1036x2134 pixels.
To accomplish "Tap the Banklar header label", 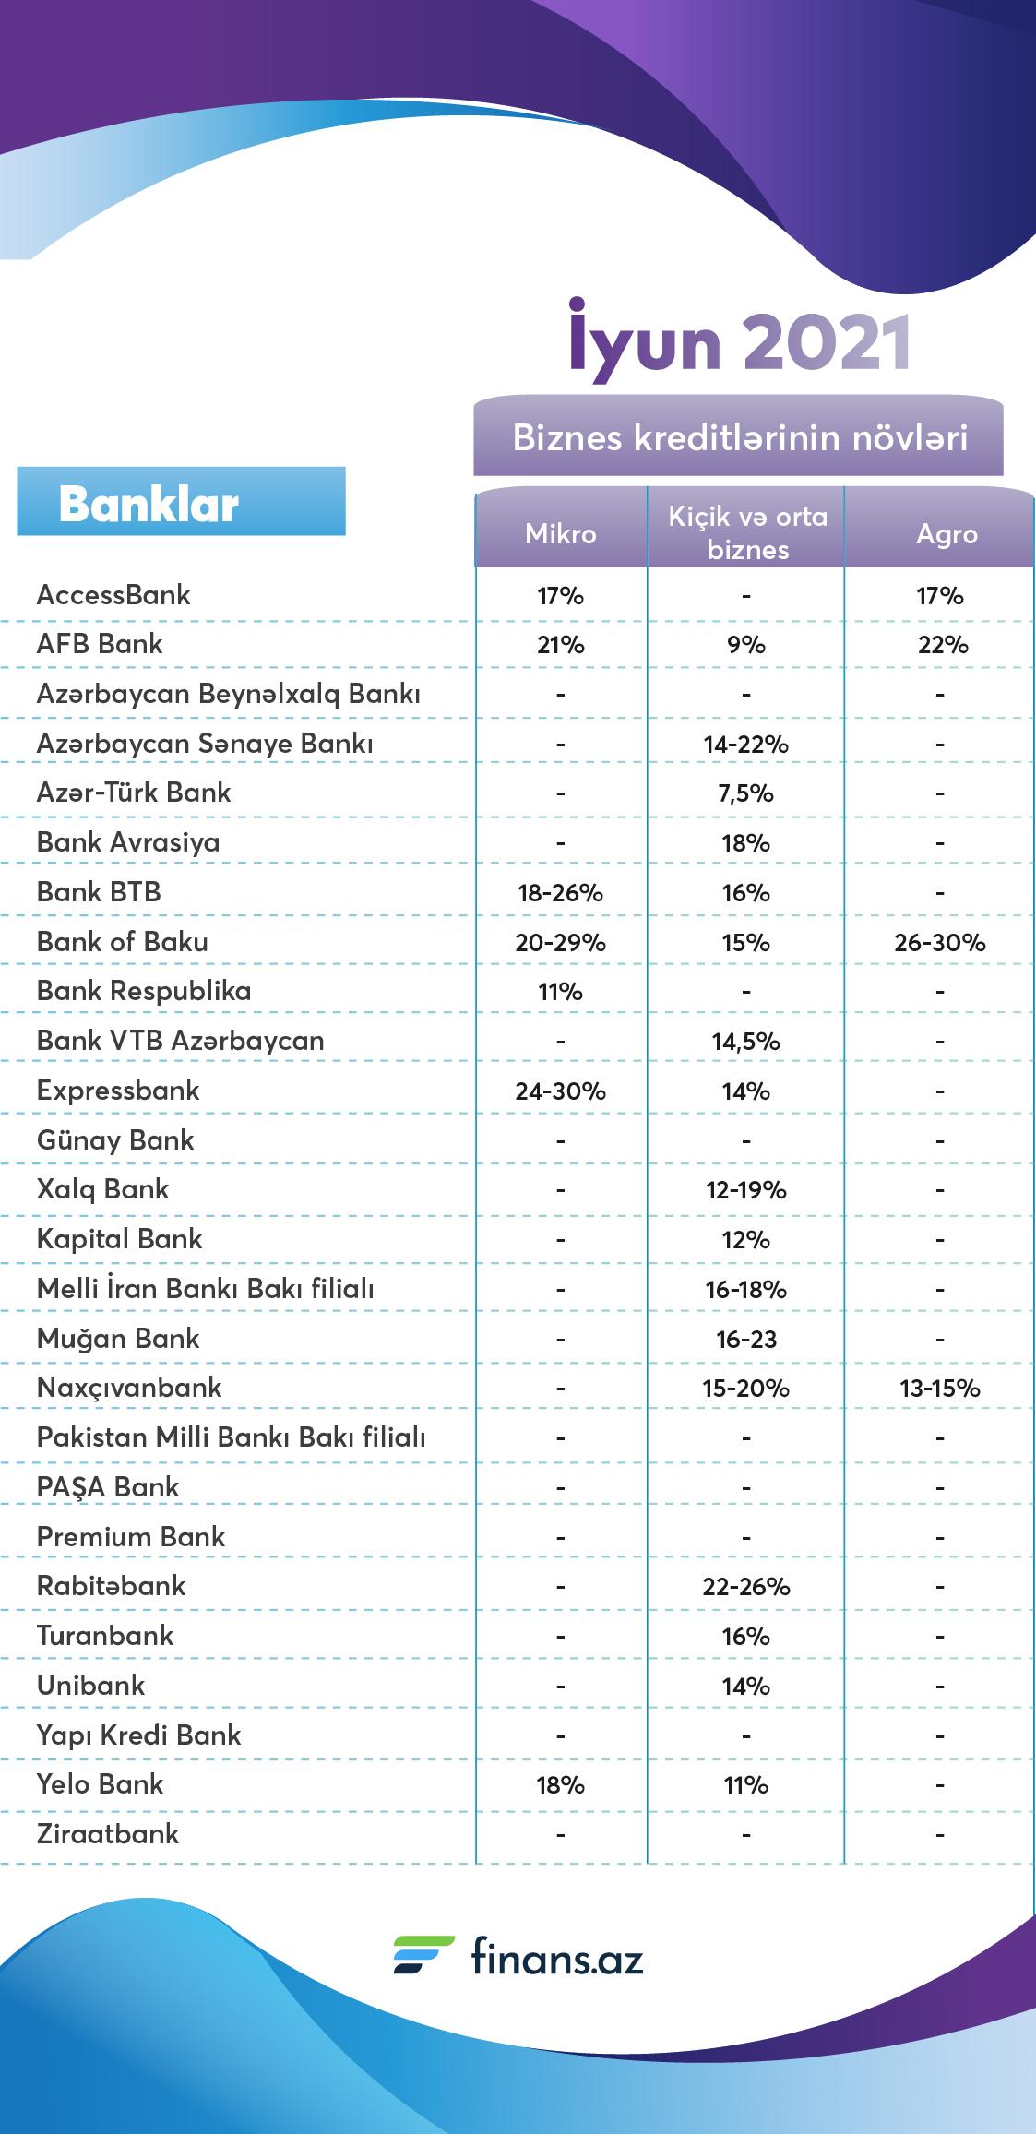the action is click(149, 505).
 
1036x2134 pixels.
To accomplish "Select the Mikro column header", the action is click(561, 534).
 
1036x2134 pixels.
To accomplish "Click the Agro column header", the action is click(947, 535).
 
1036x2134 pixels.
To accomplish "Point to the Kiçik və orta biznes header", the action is click(748, 533).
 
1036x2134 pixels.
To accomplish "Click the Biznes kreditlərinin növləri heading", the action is click(740, 437).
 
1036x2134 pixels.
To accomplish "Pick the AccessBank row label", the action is click(113, 595).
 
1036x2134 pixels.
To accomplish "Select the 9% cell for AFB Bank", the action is click(746, 645).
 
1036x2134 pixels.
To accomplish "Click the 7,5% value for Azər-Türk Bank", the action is click(746, 793).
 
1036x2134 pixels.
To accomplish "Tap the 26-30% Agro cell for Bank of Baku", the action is click(940, 943).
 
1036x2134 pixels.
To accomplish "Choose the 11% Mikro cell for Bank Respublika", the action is click(560, 992).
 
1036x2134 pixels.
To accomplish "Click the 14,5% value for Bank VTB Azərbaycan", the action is click(746, 1042).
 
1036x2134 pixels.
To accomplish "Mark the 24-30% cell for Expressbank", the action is click(561, 1091).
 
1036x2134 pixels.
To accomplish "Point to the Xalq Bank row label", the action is click(103, 1189).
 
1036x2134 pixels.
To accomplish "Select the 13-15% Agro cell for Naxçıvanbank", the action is click(940, 1389).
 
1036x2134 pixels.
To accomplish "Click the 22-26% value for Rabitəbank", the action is click(746, 1587).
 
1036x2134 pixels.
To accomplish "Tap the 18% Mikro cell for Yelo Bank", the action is click(561, 1785).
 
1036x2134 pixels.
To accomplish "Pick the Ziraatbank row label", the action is click(108, 1834).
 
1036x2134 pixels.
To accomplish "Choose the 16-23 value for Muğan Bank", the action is click(746, 1340).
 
